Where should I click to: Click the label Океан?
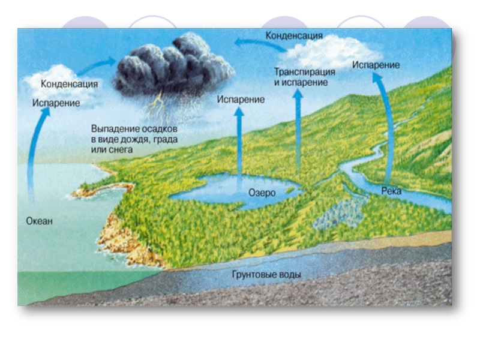click(x=40, y=221)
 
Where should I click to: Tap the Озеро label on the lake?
click(x=262, y=193)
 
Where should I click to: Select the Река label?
click(x=391, y=191)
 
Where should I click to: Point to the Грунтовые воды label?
click(x=266, y=275)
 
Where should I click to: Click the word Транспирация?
click(x=305, y=72)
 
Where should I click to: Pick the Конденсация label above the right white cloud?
click(x=294, y=36)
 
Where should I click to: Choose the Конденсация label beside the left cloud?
click(x=69, y=84)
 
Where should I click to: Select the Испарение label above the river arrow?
click(x=376, y=64)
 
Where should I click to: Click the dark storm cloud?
click(x=174, y=66)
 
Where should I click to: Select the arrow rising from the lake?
click(x=239, y=144)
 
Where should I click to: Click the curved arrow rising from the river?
click(x=384, y=120)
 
